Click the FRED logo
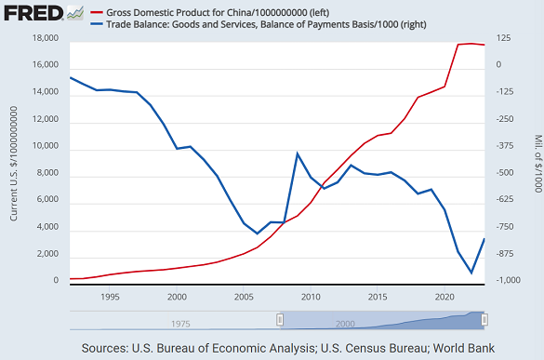32,13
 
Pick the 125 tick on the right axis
503,39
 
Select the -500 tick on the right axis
506,174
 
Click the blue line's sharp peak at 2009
297,153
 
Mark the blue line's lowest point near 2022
471,273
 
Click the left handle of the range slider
279,319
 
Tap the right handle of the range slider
484,319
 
